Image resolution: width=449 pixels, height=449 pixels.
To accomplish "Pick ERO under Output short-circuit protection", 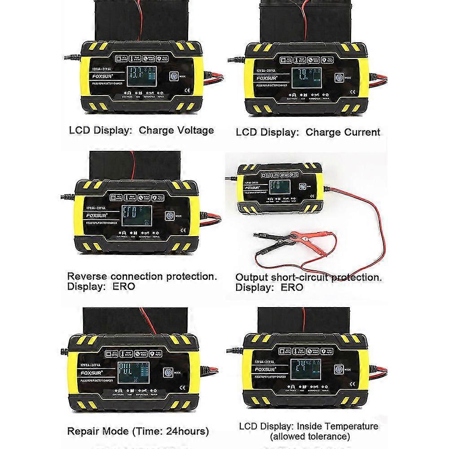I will tap(293, 287).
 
